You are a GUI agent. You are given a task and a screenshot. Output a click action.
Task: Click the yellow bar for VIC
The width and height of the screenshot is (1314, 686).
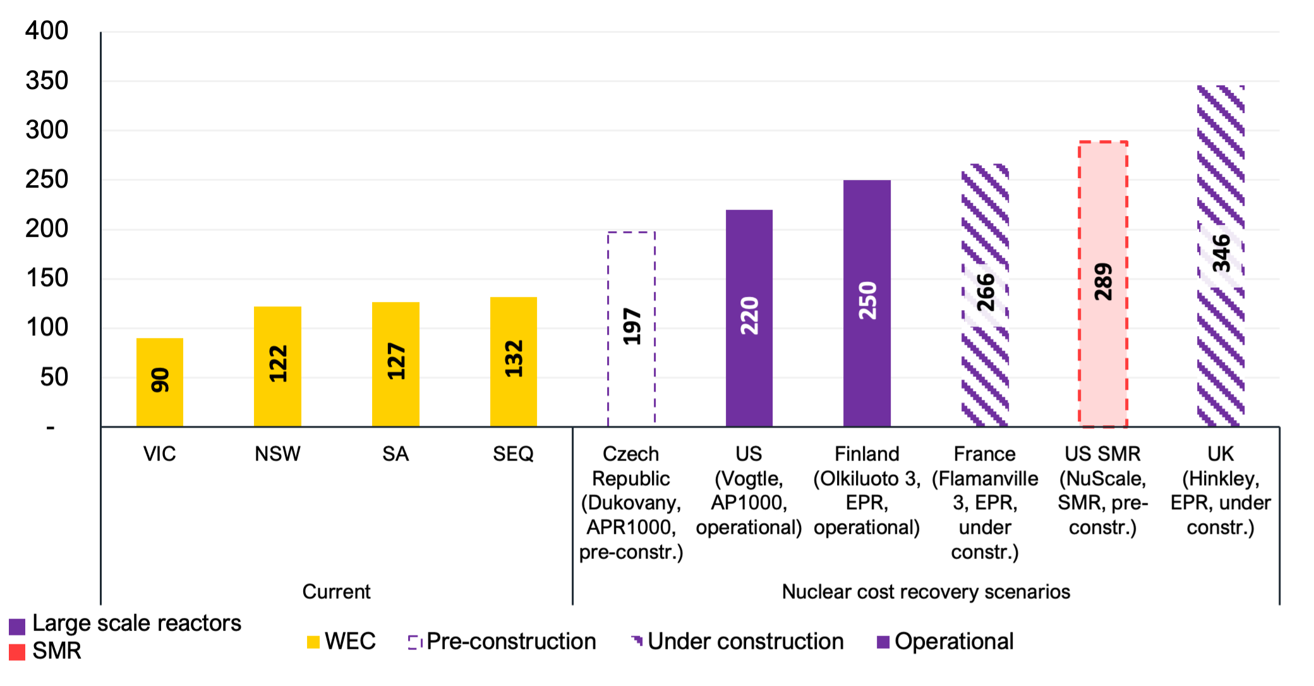tap(160, 382)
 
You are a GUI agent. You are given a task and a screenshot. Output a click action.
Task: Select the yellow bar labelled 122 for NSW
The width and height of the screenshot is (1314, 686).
tap(277, 366)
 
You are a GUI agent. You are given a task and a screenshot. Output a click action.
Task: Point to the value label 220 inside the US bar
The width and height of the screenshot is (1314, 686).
tap(749, 315)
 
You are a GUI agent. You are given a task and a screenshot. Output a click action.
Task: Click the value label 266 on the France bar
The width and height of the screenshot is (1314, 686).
tap(985, 292)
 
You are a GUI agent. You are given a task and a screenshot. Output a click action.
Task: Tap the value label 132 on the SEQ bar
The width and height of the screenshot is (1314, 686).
tap(514, 359)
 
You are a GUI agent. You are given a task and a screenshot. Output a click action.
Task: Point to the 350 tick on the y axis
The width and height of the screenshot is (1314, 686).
tap(47, 81)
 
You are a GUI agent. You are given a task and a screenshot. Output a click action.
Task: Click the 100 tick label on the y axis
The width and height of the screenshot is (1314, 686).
tap(47, 327)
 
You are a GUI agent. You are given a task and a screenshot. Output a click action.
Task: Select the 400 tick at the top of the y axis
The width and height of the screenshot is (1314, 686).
tap(47, 31)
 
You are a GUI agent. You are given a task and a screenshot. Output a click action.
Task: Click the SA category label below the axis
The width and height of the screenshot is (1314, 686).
tap(395, 454)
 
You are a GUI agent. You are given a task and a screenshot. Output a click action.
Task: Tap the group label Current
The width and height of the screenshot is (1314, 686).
tap(336, 591)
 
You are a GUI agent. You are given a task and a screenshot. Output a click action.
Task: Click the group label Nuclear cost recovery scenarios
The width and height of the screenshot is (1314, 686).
tap(925, 591)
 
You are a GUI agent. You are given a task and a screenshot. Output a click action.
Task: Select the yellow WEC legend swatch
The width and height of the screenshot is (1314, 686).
tap(313, 642)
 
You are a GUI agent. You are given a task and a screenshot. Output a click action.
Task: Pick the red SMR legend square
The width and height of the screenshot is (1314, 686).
tap(17, 652)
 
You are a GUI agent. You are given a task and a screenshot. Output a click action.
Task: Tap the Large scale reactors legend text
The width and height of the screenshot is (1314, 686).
tap(136, 623)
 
